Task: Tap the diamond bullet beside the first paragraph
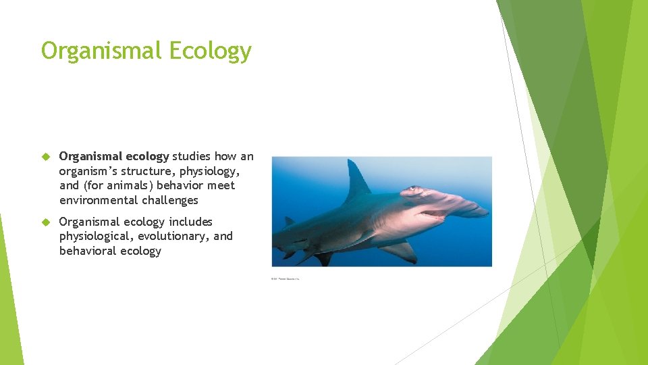click(x=47, y=157)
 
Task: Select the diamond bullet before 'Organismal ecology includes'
click(x=47, y=222)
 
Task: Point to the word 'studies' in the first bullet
click(x=191, y=156)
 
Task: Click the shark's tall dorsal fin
click(x=356, y=180)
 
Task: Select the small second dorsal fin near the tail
click(x=289, y=221)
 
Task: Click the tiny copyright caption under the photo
click(x=285, y=278)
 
